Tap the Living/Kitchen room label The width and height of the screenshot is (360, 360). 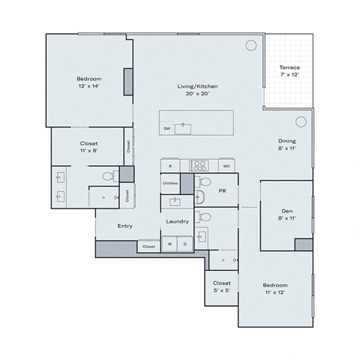click(198, 89)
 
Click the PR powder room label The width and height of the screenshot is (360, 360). click(222, 191)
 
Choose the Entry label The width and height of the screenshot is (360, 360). click(125, 226)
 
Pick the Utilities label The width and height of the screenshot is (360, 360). click(170, 183)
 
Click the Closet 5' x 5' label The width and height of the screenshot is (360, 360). click(220, 286)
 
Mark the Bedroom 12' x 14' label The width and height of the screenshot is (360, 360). click(88, 82)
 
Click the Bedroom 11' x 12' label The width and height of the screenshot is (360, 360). click(274, 289)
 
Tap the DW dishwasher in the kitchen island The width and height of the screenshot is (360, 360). click(166, 128)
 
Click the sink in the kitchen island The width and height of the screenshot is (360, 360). click(184, 127)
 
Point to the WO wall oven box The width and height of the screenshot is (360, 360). click(225, 165)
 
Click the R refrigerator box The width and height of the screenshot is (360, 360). click(171, 165)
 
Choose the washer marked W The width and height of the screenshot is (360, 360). click(170, 244)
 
